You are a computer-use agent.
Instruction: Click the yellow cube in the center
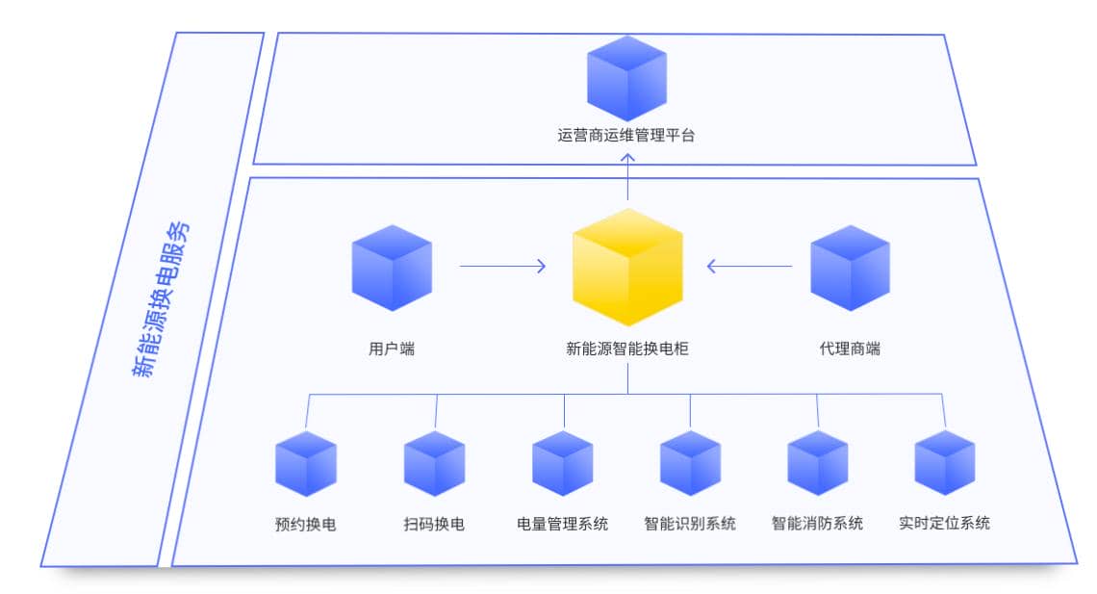click(x=627, y=267)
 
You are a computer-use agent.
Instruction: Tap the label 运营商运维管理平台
click(x=626, y=136)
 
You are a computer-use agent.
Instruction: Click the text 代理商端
click(x=850, y=349)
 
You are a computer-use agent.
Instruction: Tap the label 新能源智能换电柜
click(x=627, y=349)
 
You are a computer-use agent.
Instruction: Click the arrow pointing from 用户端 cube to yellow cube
click(x=502, y=266)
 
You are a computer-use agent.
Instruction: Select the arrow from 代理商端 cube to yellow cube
click(x=750, y=266)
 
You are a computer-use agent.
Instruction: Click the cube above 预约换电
click(x=306, y=463)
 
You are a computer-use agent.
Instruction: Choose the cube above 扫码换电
click(x=434, y=463)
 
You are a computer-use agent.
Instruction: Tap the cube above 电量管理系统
click(x=563, y=463)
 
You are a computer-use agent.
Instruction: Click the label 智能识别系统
click(x=690, y=524)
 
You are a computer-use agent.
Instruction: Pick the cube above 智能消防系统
click(x=818, y=463)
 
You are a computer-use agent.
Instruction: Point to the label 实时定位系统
click(x=945, y=524)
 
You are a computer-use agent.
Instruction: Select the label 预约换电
click(x=305, y=525)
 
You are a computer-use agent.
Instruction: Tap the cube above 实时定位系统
click(x=945, y=463)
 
